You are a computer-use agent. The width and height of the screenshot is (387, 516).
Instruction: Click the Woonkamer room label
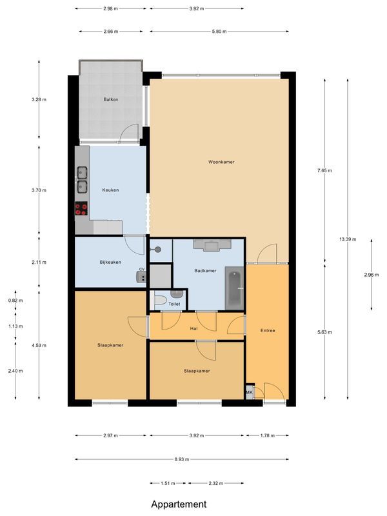coord(221,162)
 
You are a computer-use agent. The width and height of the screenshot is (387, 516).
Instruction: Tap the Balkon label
coord(111,100)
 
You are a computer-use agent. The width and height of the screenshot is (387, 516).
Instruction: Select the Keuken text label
coord(110,190)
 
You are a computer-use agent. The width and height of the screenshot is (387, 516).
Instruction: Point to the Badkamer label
coord(205,270)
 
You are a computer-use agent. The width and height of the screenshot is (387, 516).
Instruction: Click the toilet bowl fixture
coord(159,301)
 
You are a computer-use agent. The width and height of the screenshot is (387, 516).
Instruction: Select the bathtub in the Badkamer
coord(233,288)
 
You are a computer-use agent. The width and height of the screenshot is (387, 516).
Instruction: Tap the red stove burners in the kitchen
coord(81,208)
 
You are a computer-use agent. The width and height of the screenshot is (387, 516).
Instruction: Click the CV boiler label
coord(141,270)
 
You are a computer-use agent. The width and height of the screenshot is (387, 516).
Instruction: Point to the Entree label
coord(267,331)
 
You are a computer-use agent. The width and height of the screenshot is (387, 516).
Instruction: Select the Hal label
coord(193,328)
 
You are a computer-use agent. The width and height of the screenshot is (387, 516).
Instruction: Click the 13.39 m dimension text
coord(348,238)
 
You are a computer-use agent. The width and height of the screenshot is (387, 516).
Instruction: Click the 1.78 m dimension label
coord(266,436)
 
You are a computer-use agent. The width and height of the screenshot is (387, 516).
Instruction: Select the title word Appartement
coord(179,504)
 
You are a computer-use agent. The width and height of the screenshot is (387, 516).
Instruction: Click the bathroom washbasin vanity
coord(212,246)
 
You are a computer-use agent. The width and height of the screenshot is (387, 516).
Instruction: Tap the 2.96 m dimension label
coord(372,273)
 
